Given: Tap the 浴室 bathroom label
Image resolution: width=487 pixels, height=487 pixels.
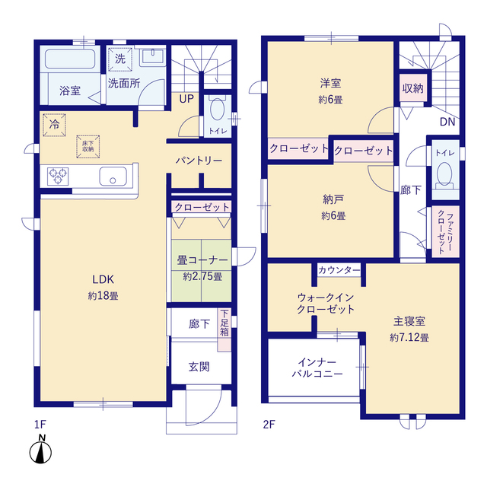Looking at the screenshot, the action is [x=70, y=91].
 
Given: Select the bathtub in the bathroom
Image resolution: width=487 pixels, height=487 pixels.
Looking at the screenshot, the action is [x=70, y=59].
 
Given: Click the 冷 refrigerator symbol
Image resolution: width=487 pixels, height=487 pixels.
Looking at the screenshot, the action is [x=54, y=125].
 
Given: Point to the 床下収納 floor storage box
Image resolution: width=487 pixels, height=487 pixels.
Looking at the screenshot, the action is [x=88, y=146].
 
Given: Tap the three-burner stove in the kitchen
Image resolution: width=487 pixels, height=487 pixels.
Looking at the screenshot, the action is [x=58, y=177].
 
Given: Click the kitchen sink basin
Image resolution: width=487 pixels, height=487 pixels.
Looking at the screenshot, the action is [x=113, y=176].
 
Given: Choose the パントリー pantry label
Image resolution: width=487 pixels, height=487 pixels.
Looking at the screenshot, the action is [x=199, y=161].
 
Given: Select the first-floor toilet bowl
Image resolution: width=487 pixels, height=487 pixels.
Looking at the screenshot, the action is [x=217, y=109].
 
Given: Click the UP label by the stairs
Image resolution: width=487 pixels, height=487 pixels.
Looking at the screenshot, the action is [x=186, y=99].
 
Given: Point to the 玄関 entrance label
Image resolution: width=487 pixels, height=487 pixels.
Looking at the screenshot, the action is [x=199, y=367].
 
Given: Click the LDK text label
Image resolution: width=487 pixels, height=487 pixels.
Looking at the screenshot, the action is [x=103, y=279].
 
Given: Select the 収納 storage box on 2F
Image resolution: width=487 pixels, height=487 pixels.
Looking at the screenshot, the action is [x=413, y=88].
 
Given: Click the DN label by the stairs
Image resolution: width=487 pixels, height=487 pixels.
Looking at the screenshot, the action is [x=447, y=122].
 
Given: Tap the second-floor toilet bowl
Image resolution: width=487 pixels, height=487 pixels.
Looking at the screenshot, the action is [x=444, y=174].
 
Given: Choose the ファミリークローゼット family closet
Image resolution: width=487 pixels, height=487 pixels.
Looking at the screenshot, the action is [x=445, y=231].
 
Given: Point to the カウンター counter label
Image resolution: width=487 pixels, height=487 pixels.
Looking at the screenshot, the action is [x=339, y=270].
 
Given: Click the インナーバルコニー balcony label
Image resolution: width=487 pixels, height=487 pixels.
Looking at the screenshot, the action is [x=317, y=368].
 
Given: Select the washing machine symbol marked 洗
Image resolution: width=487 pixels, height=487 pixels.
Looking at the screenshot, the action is [x=120, y=59].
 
